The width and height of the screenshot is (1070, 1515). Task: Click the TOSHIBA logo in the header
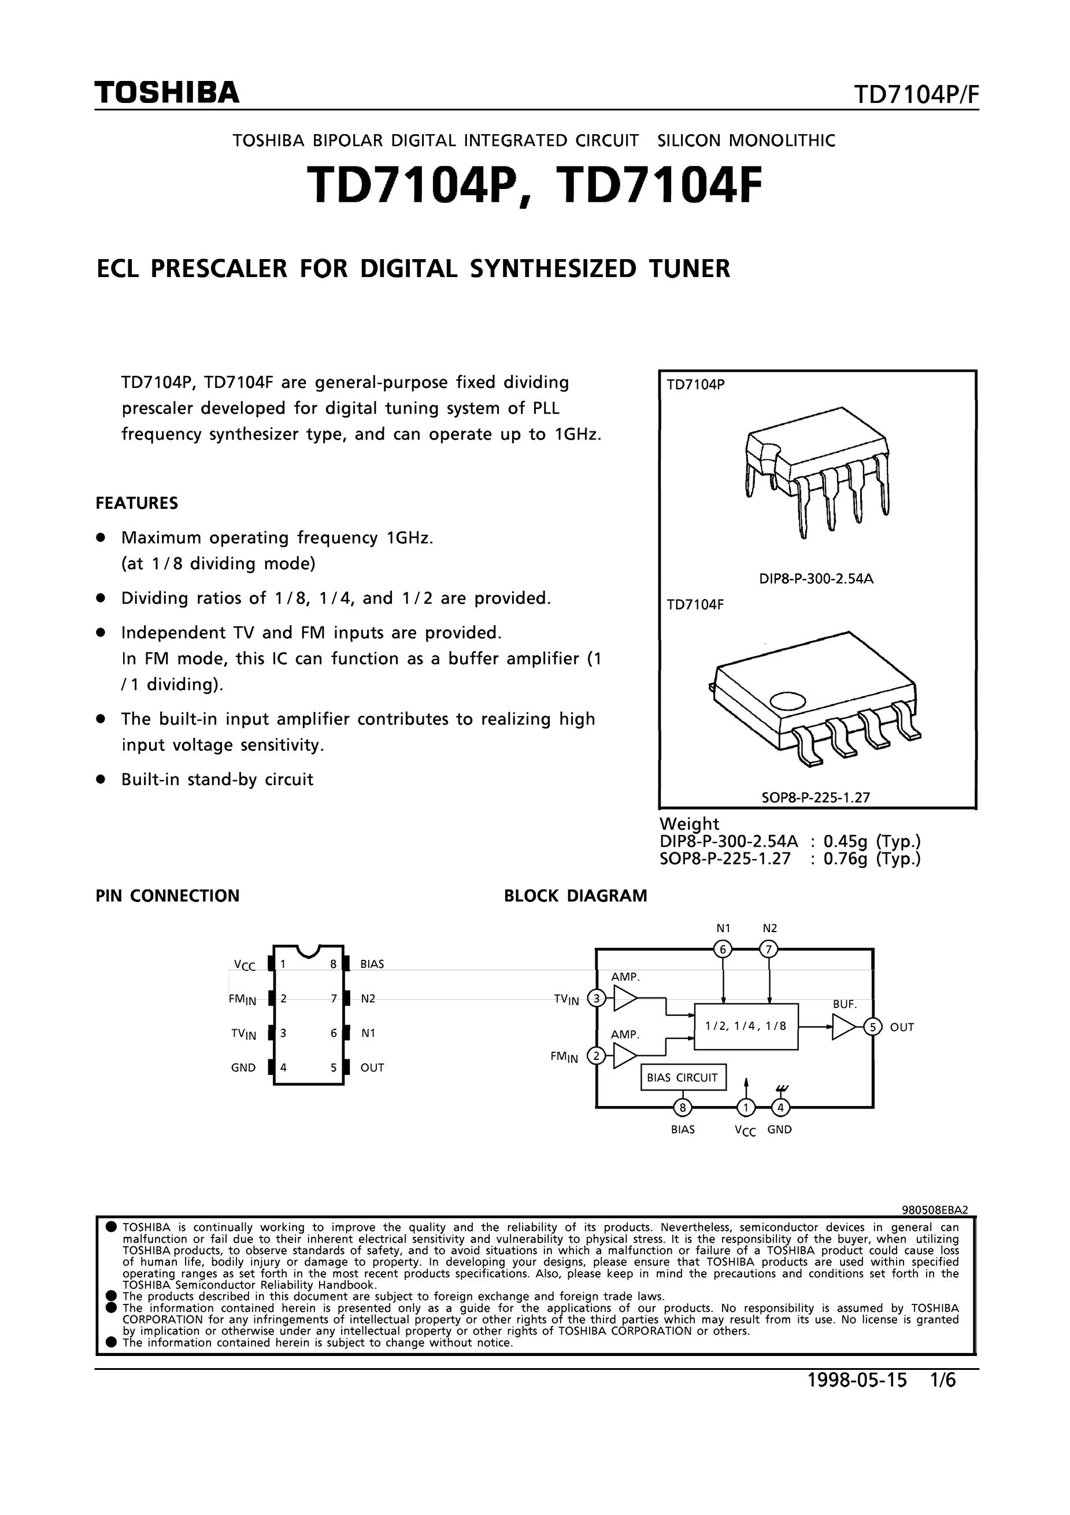pyautogui.click(x=167, y=93)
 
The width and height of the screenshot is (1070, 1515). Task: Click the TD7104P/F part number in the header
pyautogui.click(x=916, y=95)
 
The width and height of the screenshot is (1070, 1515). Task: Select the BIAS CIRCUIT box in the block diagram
pyautogui.click(x=683, y=1077)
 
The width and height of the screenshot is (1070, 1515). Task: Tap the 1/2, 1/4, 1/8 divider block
pyautogui.click(x=746, y=1026)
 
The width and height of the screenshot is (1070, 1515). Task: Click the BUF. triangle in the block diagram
pyautogui.click(x=844, y=1027)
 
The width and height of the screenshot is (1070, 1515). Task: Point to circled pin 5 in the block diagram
pyautogui.click(x=873, y=1027)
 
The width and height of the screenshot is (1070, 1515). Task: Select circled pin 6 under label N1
pyautogui.click(x=723, y=949)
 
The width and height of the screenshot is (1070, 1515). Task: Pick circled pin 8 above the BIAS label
pyautogui.click(x=683, y=1107)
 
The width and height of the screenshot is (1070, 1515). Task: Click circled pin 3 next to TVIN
pyautogui.click(x=597, y=999)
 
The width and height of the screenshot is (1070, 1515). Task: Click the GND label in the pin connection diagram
pyautogui.click(x=243, y=1067)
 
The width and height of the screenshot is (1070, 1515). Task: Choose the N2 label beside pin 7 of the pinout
pyautogui.click(x=368, y=999)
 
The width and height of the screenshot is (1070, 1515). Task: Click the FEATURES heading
pyautogui.click(x=136, y=504)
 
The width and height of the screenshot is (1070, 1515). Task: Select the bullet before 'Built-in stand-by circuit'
pyautogui.click(x=101, y=779)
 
